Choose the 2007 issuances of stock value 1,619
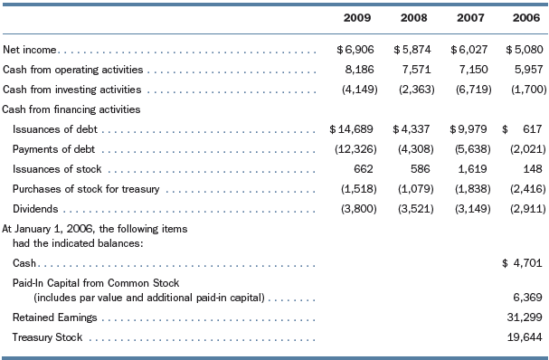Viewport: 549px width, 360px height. [470, 168]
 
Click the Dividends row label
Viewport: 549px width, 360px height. [35, 209]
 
